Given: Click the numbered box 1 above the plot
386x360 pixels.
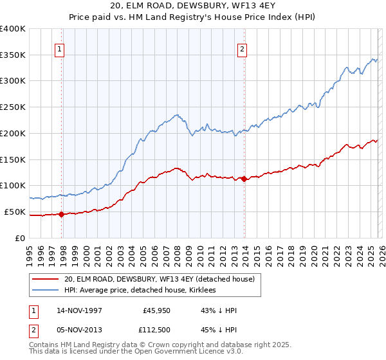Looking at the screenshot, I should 59,48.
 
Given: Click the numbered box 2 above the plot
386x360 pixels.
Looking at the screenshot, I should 243,48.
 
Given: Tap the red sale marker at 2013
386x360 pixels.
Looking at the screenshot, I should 244,179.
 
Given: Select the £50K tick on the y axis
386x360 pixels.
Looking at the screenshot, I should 14,212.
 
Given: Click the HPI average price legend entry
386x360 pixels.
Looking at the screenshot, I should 141,291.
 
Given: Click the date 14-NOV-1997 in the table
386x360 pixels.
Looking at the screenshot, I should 78,310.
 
